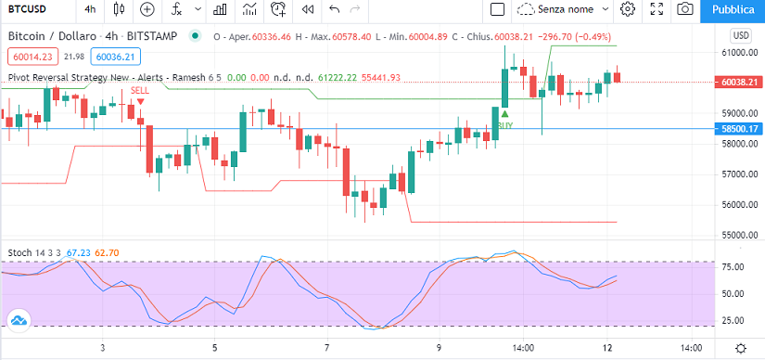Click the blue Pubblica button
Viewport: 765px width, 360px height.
coord(733,10)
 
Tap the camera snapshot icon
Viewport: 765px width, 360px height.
coord(685,9)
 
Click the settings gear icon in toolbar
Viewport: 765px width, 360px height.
coord(628,8)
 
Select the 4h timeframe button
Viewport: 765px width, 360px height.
coord(90,9)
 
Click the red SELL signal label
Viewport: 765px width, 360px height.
coord(140,90)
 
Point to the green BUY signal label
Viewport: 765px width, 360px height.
coord(505,125)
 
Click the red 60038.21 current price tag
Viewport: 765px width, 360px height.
coord(738,82)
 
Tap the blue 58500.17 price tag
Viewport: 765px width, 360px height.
coord(738,128)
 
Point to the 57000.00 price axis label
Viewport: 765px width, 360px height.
coord(738,174)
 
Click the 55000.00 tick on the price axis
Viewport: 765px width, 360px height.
coord(738,236)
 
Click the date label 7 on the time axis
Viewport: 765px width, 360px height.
coord(328,348)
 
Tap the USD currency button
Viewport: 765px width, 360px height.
coord(740,36)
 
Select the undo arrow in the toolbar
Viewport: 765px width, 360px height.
coord(334,9)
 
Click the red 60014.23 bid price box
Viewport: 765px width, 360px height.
coord(33,58)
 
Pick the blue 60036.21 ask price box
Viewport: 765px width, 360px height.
coord(116,58)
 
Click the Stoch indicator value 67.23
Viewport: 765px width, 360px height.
coord(79,253)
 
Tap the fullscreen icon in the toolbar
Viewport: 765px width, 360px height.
coord(657,8)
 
